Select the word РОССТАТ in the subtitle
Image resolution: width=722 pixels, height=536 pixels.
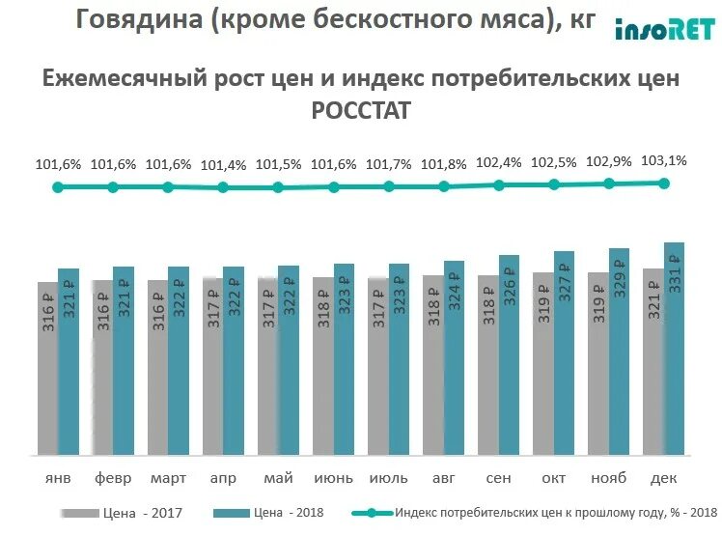click(x=360, y=111)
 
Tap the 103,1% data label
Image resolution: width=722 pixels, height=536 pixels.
click(x=664, y=161)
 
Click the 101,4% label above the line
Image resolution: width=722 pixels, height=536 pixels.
click(x=223, y=166)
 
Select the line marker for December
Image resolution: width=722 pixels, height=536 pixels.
click(x=664, y=183)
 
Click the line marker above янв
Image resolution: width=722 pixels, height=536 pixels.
click(x=58, y=186)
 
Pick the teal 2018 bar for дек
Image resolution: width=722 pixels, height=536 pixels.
click(x=675, y=348)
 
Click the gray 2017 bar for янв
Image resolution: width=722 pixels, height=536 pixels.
click(x=47, y=368)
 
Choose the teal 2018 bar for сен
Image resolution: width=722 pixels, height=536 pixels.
click(x=509, y=354)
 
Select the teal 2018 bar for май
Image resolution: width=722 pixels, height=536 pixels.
click(x=289, y=359)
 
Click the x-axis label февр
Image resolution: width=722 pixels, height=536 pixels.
click(x=113, y=478)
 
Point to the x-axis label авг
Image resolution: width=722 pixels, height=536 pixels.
click(x=443, y=478)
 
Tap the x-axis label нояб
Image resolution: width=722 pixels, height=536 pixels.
click(x=609, y=478)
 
